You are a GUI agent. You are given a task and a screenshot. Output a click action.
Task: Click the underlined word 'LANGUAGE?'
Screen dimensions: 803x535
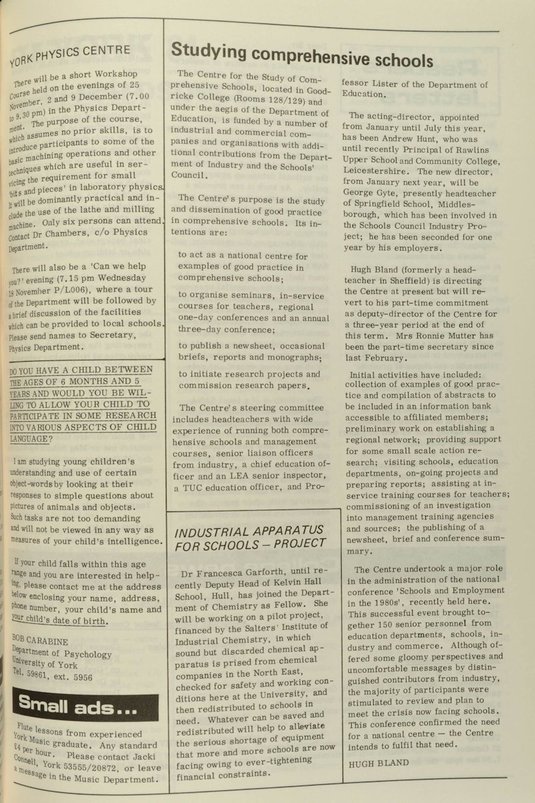[x=30, y=439]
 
